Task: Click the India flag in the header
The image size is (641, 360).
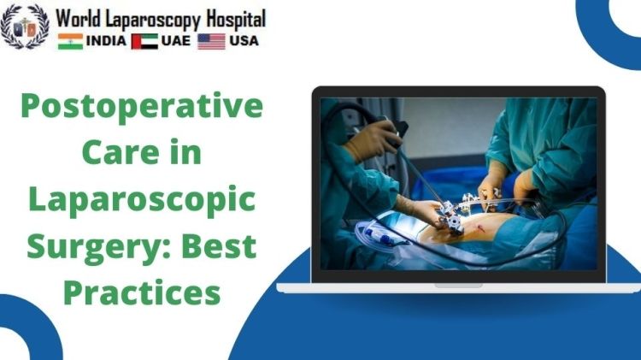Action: pyautogui.click(x=70, y=41)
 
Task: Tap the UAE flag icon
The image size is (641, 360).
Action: pyautogui.click(x=144, y=41)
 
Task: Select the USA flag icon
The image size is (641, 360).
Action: pyautogui.click(x=211, y=41)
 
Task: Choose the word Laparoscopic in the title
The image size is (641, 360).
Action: pyautogui.click(x=141, y=201)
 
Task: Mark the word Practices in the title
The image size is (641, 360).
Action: pyautogui.click(x=142, y=292)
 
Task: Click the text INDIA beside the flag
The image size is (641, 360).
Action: pyautogui.click(x=106, y=41)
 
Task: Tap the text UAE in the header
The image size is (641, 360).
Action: pyautogui.click(x=175, y=41)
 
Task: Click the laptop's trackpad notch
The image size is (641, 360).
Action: pyautogui.click(x=457, y=285)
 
